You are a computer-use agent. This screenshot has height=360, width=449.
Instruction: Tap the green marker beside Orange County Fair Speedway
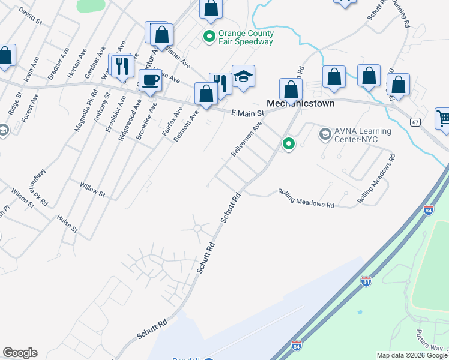tap(209, 37)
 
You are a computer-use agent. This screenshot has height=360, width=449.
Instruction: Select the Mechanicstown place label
tap(300, 103)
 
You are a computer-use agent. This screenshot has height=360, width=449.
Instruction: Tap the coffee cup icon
tap(151, 79)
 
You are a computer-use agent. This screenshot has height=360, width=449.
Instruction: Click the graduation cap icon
tap(243, 77)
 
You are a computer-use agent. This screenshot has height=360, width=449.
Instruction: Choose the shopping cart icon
tap(444, 117)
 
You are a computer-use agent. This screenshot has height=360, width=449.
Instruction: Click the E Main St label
tap(248, 113)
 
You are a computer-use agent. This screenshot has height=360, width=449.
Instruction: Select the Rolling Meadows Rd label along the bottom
tap(306, 199)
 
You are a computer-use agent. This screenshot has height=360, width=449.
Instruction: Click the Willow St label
tap(92, 191)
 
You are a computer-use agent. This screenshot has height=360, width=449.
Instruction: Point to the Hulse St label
tap(67, 224)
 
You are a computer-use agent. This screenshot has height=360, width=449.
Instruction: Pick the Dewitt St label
tap(30, 16)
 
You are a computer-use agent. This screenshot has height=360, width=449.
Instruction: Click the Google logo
tap(20, 353)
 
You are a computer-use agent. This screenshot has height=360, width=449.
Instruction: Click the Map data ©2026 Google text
tap(412, 355)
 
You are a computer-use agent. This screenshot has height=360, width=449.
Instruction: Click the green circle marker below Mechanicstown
tap(289, 143)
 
